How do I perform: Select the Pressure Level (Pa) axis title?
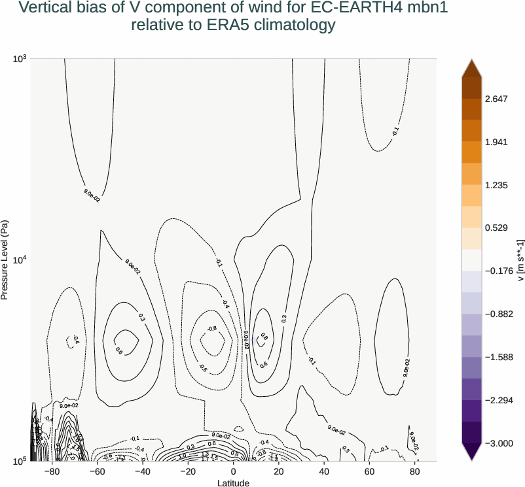click(5, 260)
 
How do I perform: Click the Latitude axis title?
click(234, 482)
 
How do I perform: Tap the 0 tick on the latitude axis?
click(234, 471)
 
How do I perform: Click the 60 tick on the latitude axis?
click(369, 471)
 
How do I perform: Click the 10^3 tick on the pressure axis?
click(19, 59)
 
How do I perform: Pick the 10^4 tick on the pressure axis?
click(19, 260)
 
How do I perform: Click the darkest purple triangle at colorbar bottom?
click(471, 452)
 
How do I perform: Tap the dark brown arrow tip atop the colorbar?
click(471, 67)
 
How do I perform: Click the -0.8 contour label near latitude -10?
click(211, 328)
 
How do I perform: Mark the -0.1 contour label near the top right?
click(395, 131)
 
